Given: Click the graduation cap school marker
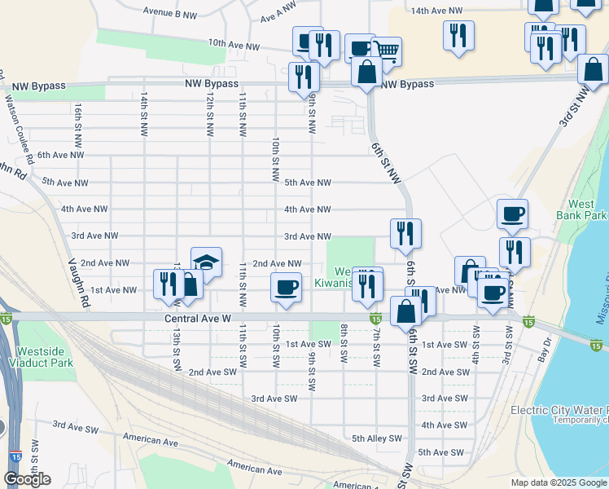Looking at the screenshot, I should pos(207,262).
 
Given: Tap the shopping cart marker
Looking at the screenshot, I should pos(387,51).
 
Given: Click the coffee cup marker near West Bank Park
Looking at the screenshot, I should pos(512,214).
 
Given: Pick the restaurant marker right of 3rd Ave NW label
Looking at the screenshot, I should pos(405,234).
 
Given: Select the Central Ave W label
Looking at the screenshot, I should pos(197,318).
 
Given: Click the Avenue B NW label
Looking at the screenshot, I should pos(169,14).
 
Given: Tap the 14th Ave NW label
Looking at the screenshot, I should pos(436,11).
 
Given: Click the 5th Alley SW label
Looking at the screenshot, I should pos(377,438).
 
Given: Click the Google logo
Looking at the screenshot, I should pos(27,479).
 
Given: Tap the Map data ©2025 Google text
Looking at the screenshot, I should pos(559,482).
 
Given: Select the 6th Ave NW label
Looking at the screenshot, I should pos(60,155).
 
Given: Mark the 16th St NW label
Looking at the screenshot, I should pos(77,118).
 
